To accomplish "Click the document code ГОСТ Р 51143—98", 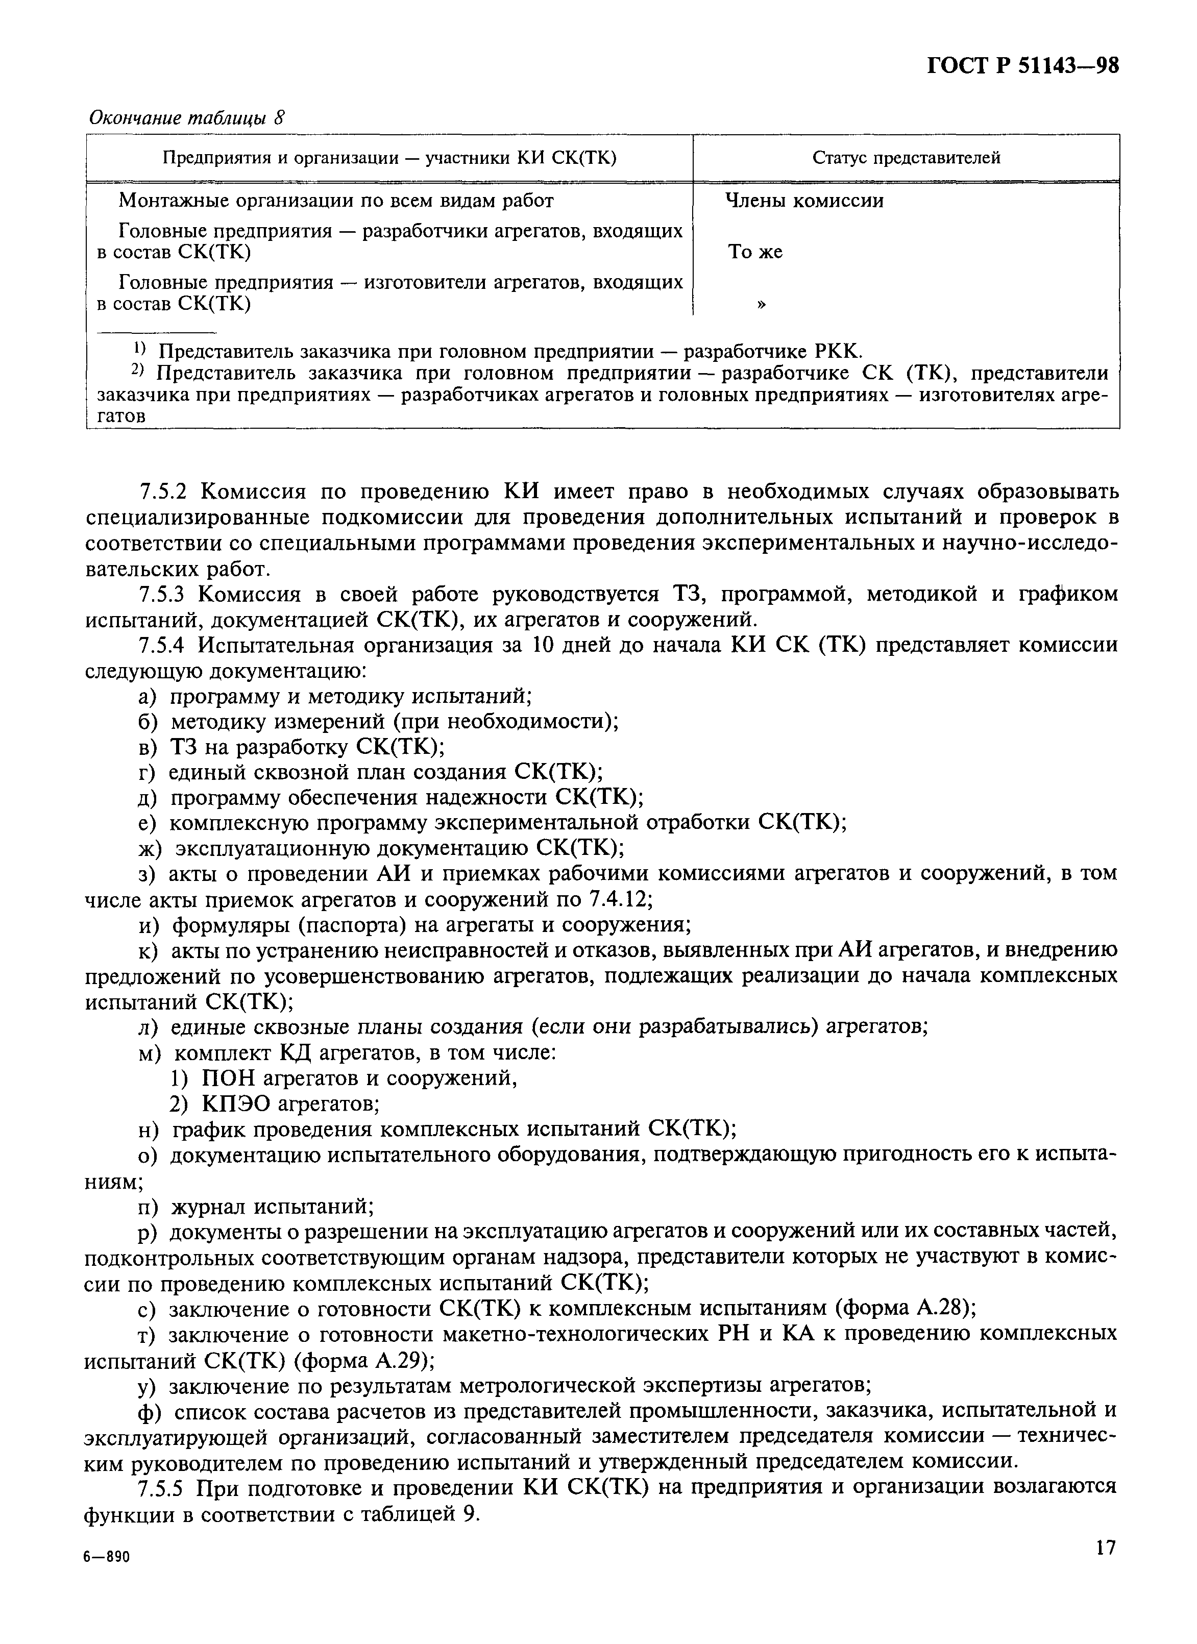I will (1023, 67).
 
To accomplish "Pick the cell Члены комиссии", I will (805, 201).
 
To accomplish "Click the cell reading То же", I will (755, 252).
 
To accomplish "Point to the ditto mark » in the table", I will (761, 304).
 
